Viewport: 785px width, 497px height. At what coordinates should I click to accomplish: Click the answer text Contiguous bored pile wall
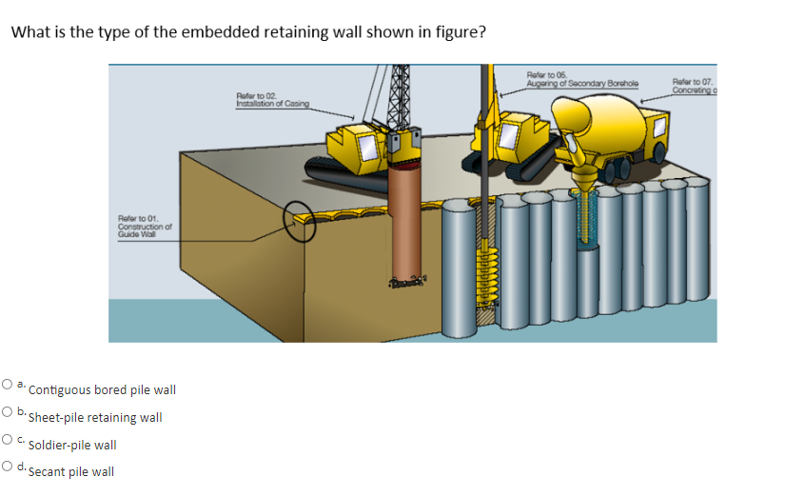(102, 390)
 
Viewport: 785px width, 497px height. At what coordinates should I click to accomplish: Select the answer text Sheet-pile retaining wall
(95, 418)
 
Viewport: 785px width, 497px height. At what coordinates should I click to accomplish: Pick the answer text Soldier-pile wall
(72, 445)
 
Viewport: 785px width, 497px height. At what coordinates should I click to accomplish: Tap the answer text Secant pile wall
(71, 472)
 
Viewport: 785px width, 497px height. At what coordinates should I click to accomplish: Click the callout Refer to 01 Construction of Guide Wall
(144, 227)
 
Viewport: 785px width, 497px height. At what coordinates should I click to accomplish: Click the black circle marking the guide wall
(303, 222)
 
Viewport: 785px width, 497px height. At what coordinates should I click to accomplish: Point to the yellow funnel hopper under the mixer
(581, 175)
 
